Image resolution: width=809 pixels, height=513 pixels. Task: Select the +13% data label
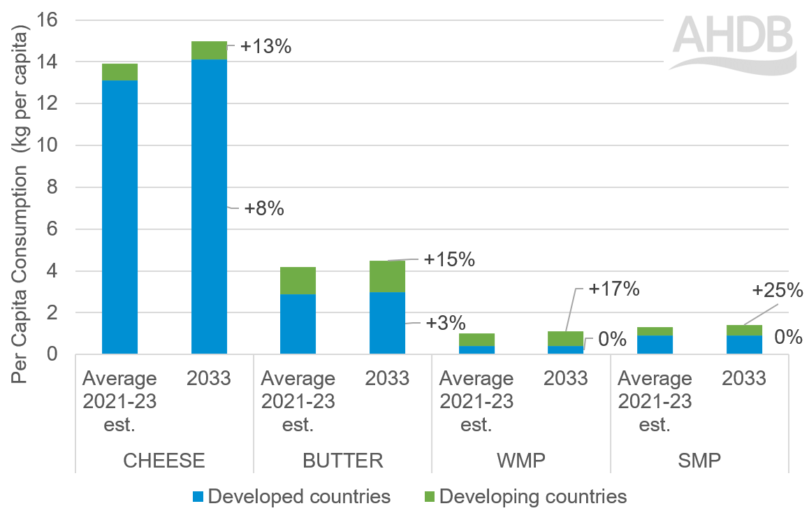tap(265, 47)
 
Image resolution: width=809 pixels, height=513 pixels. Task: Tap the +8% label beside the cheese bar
tap(263, 208)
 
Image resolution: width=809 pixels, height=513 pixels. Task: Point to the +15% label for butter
tap(449, 259)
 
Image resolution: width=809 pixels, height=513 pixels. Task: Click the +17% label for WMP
tap(614, 288)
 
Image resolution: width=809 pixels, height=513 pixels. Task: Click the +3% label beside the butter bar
tap(445, 323)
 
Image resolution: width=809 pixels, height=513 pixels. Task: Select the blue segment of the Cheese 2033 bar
tap(209, 210)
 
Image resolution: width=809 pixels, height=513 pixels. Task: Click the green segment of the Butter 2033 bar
tap(387, 276)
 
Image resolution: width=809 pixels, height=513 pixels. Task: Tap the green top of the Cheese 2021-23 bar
tap(119, 72)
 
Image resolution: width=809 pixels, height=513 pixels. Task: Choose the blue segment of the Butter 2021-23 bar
tap(298, 324)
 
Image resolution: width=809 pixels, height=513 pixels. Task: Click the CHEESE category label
tap(163, 461)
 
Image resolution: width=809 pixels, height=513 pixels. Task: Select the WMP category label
tap(520, 461)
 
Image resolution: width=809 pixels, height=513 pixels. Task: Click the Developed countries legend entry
tap(291, 497)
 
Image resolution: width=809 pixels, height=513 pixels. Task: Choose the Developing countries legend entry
tap(525, 497)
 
